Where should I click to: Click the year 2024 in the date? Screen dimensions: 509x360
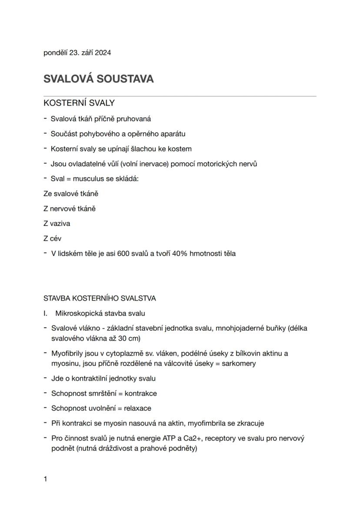[x=103, y=53]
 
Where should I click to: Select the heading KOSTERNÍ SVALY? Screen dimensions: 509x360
[x=79, y=103]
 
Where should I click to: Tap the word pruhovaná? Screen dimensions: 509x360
[x=134, y=119]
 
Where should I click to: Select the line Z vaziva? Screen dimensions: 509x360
[x=57, y=223]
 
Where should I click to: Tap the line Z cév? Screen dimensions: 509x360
[x=52, y=238]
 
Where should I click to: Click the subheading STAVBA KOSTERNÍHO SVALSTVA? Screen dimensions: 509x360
[x=100, y=298]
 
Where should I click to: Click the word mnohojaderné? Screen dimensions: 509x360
[x=236, y=328]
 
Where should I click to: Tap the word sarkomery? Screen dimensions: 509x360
[x=239, y=363]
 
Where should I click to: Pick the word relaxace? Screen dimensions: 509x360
[x=137, y=408]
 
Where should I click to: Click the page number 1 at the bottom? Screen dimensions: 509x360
[x=45, y=479]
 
